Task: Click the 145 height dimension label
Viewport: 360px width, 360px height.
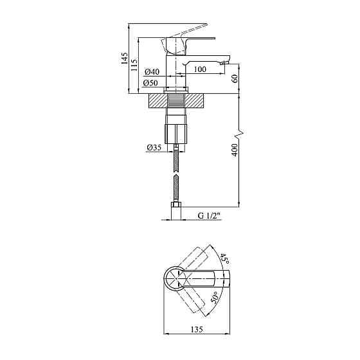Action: pos(125,59)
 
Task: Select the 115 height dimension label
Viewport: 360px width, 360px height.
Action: pos(135,65)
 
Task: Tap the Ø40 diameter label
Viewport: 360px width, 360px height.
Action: pos(152,72)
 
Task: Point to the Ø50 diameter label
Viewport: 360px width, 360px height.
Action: pos(150,83)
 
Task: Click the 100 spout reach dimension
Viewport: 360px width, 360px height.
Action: pos(200,69)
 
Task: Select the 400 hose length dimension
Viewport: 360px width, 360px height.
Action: pos(235,150)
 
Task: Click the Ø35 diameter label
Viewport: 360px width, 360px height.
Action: pos(154,147)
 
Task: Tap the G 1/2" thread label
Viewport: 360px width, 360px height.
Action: pos(209,215)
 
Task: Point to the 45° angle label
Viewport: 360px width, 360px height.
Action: pos(224,259)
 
